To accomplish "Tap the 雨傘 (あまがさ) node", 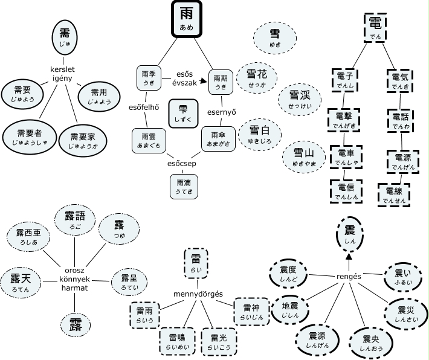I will pos(218,139).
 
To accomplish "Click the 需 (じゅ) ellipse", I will pos(65,37).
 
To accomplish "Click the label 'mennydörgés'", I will pos(198,294).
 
